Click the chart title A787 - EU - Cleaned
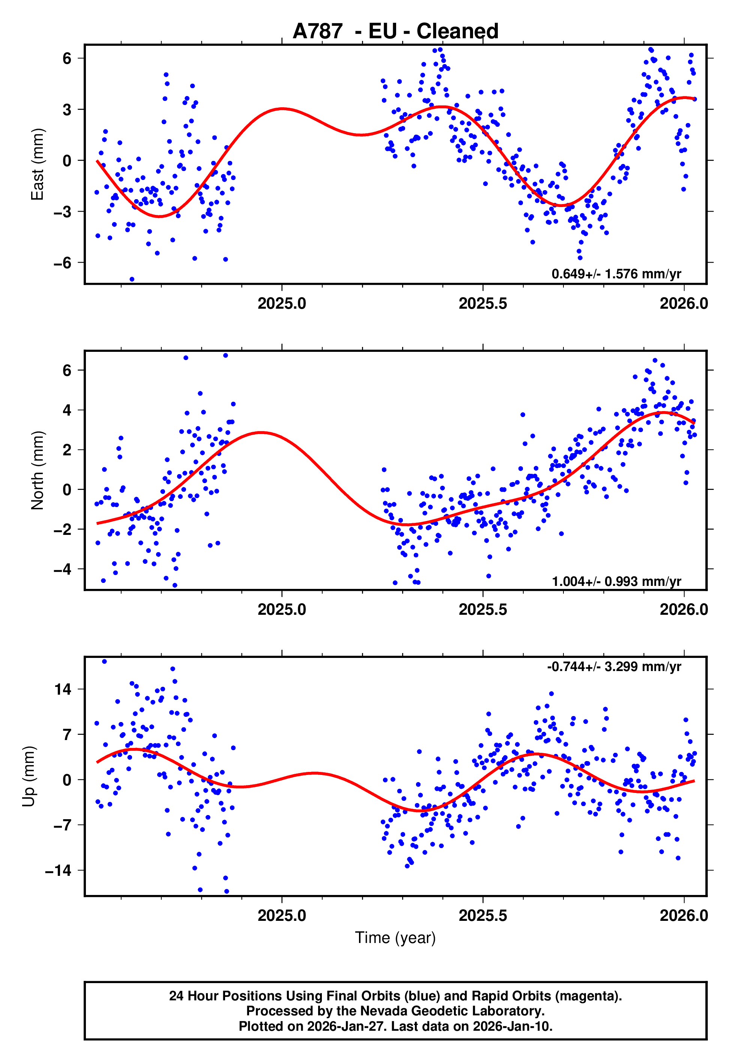click(395, 32)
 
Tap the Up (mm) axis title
click(29, 776)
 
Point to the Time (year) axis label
click(395, 938)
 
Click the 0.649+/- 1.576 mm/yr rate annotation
click(616, 274)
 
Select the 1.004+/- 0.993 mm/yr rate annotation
click(616, 581)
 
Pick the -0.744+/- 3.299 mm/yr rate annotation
click(614, 667)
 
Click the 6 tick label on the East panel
click(67, 59)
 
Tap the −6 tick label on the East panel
click(63, 263)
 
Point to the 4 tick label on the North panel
click(67, 410)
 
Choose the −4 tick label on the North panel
click(63, 569)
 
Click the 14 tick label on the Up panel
click(63, 690)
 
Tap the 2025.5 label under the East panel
click(482, 303)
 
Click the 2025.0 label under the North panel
click(281, 610)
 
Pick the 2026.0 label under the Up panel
click(683, 916)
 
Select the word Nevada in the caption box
click(381, 1011)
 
